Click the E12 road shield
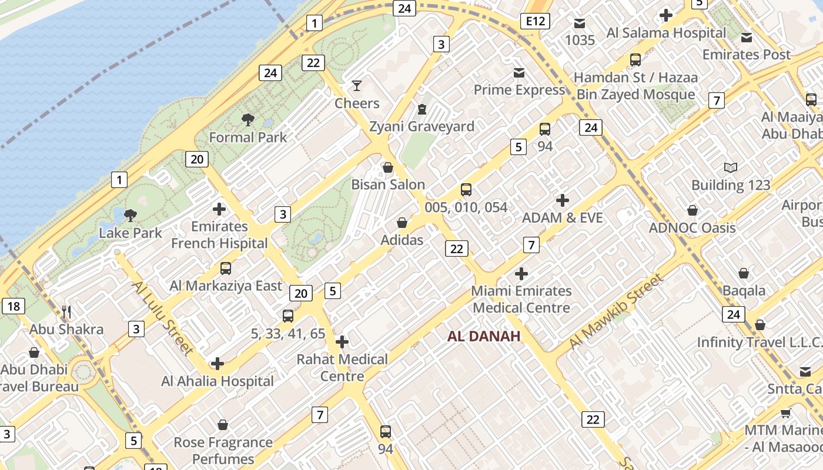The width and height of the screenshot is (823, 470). (535, 22)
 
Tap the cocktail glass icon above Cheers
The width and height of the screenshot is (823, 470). (357, 86)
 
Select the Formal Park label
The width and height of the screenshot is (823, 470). (248, 137)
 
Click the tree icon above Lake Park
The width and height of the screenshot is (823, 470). (131, 215)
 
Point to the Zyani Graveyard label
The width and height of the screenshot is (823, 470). (421, 126)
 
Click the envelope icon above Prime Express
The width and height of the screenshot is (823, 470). (519, 73)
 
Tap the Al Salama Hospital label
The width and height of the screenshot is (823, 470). (666, 33)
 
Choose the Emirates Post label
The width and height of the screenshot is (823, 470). (747, 55)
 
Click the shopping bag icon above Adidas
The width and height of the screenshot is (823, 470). (402, 223)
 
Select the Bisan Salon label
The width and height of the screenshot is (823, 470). (388, 184)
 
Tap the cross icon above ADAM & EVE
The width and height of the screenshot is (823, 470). (563, 200)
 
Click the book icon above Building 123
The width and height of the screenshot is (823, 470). (731, 168)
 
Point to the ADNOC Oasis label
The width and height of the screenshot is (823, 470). (692, 228)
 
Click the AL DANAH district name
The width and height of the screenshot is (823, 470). (484, 337)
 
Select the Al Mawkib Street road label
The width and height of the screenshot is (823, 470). (616, 311)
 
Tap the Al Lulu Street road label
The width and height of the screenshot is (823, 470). (162, 317)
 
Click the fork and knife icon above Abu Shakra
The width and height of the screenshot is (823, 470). (66, 311)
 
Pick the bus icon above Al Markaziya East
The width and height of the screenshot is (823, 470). (226, 268)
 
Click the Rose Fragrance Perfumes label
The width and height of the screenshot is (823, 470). (223, 451)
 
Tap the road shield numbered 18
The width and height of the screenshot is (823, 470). (14, 306)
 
